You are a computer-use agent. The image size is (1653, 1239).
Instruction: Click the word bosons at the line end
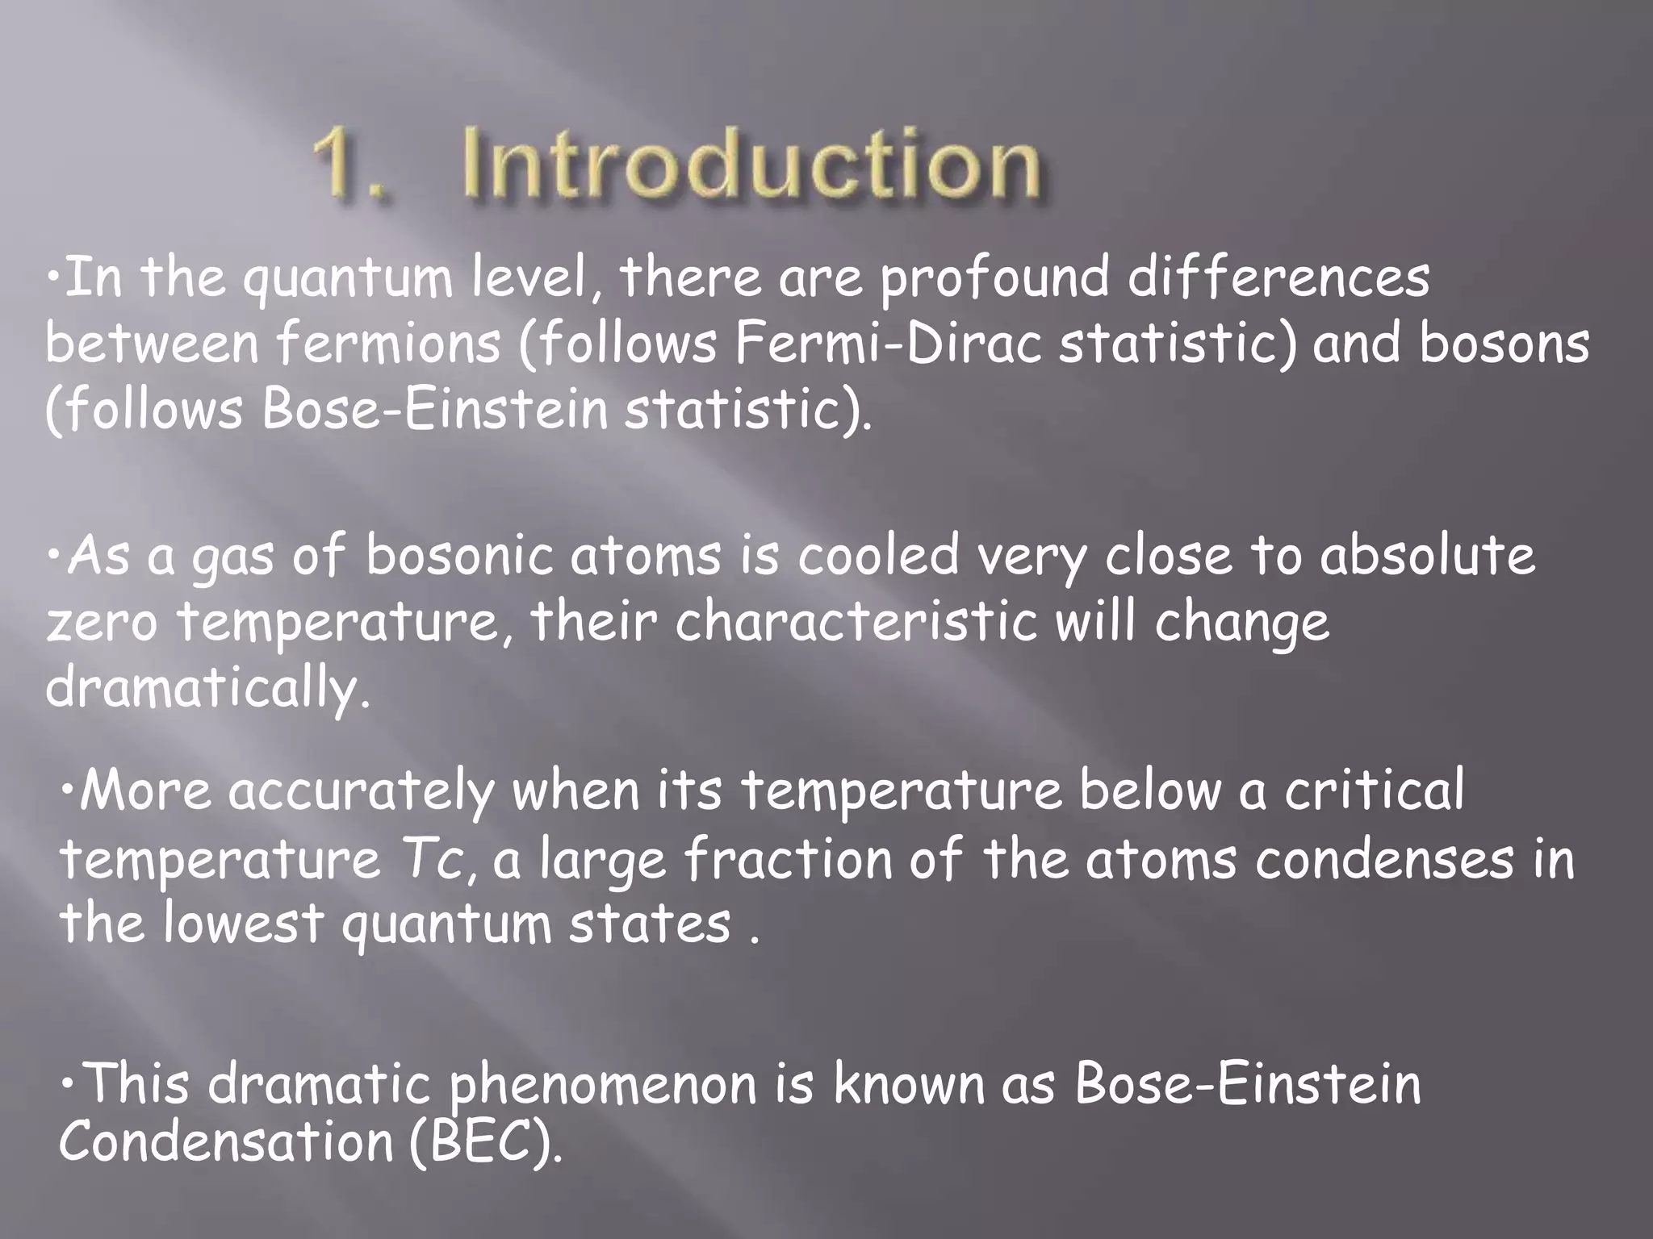(1504, 344)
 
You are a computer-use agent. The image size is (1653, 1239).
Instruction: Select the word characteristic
(856, 623)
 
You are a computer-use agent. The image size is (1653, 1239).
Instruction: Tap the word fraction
(788, 859)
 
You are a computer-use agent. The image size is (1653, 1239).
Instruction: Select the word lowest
(242, 924)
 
